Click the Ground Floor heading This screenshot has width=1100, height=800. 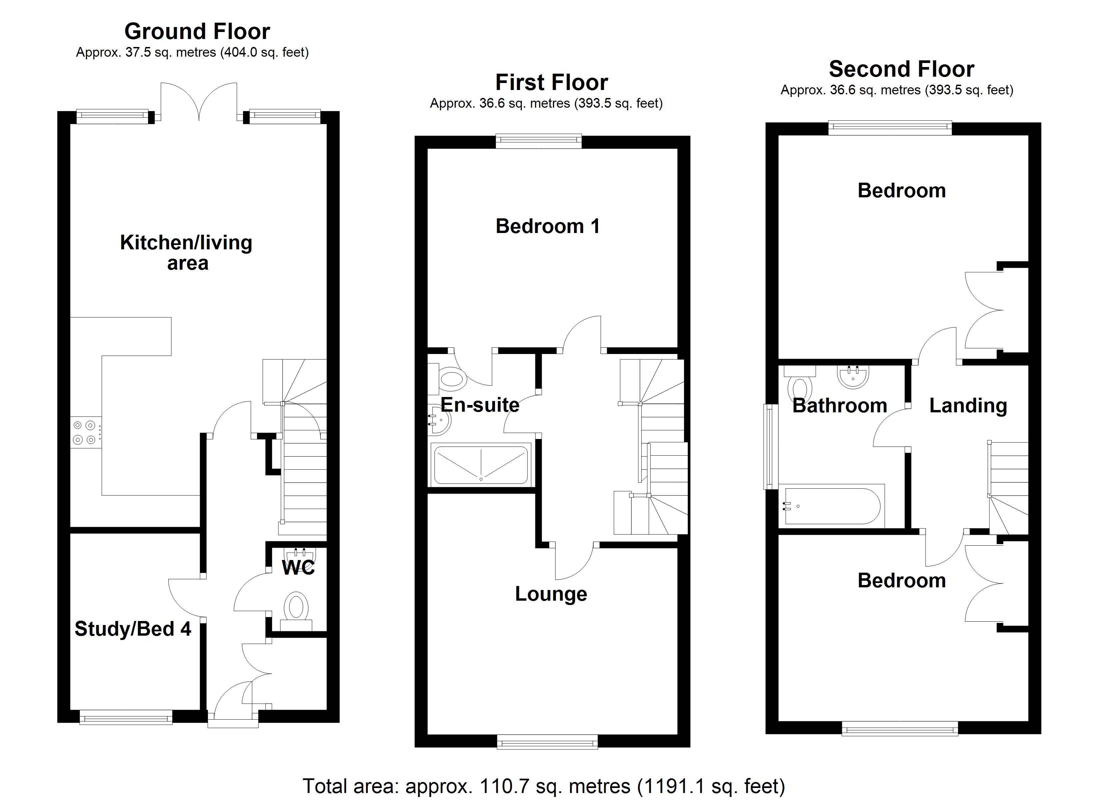[x=197, y=32]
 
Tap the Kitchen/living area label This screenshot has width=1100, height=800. [x=186, y=252]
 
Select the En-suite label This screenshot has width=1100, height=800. [x=480, y=405]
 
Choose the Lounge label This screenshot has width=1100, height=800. [x=551, y=594]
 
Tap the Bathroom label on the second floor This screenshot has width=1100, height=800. [x=840, y=406]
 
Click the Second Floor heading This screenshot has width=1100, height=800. [x=902, y=69]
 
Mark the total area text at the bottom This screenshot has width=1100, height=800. [x=544, y=786]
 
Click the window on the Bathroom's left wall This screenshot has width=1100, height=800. [x=771, y=446]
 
